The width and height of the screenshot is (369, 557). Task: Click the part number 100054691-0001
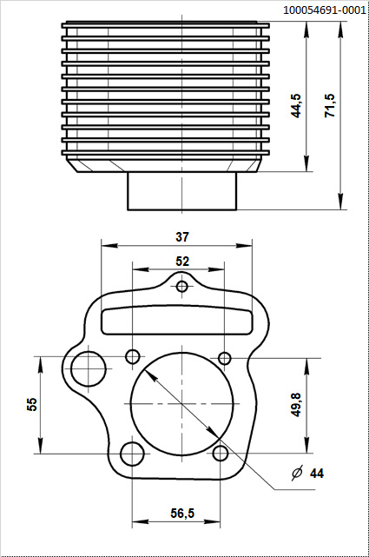coord(324,10)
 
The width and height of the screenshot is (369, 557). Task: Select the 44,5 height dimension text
coord(297,105)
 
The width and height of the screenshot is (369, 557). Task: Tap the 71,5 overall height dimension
coord(330,105)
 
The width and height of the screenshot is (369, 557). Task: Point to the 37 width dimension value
coord(182,236)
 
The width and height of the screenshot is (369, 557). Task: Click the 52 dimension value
coord(182,261)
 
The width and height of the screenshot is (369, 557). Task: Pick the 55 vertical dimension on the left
coord(32,404)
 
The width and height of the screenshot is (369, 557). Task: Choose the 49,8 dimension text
coord(297,405)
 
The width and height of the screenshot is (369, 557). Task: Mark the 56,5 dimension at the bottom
coord(182,514)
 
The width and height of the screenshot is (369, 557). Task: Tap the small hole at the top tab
coord(182,287)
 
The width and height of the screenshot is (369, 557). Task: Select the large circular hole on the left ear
coord(87,368)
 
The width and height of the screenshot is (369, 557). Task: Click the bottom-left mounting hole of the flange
coord(132,454)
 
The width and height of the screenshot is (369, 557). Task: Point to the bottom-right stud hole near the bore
coord(221,453)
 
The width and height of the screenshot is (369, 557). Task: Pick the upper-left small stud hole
coord(133,356)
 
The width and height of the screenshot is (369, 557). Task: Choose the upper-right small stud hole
coord(224,358)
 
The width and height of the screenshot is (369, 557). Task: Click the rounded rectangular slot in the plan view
coord(182,319)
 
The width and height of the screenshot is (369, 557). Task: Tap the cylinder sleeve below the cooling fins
coord(182,191)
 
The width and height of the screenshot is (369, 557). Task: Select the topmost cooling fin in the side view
coord(165,25)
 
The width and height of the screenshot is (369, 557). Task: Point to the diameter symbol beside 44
coord(297,474)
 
